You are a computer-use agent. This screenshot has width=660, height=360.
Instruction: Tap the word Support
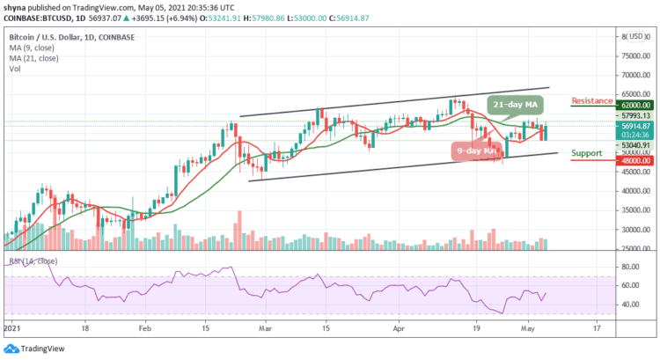pyautogui.click(x=587, y=153)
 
